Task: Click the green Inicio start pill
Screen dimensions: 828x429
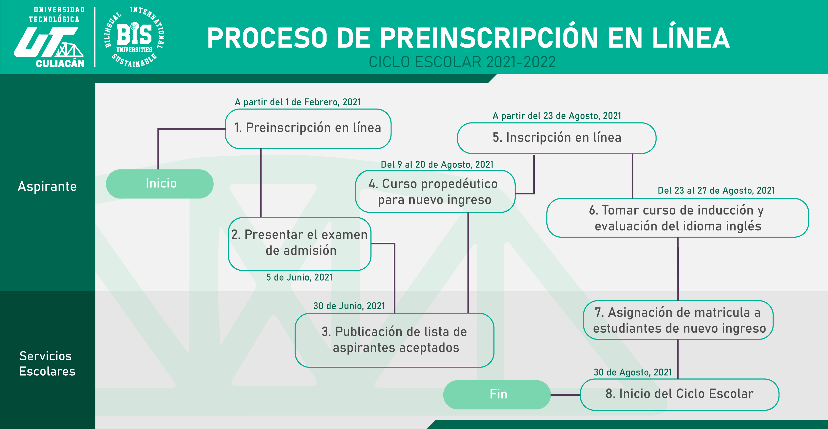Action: click(160, 184)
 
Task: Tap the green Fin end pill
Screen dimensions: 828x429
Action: click(497, 395)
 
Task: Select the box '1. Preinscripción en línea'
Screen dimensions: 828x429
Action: click(308, 129)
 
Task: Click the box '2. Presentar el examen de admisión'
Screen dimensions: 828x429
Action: click(300, 244)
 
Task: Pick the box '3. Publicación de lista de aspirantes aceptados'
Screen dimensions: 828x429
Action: click(394, 340)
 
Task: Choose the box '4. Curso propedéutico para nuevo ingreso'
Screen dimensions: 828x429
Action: click(435, 191)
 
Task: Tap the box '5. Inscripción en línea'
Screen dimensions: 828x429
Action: click(556, 138)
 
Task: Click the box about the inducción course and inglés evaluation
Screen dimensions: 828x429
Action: click(678, 218)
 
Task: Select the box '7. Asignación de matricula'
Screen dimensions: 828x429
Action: click(678, 320)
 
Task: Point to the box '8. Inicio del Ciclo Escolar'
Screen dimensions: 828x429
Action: click(679, 395)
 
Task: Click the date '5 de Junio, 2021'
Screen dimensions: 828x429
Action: click(299, 278)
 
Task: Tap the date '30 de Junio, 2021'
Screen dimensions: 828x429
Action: click(349, 306)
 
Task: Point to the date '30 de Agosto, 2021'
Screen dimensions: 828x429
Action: click(633, 373)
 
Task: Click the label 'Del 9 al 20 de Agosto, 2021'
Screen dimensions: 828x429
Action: click(437, 165)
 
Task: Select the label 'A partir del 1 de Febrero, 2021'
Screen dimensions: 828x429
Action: click(298, 102)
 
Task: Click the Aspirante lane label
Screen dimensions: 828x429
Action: click(47, 187)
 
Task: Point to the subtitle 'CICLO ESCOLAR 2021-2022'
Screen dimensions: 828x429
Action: click(462, 62)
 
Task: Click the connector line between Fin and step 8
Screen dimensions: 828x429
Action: click(565, 395)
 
